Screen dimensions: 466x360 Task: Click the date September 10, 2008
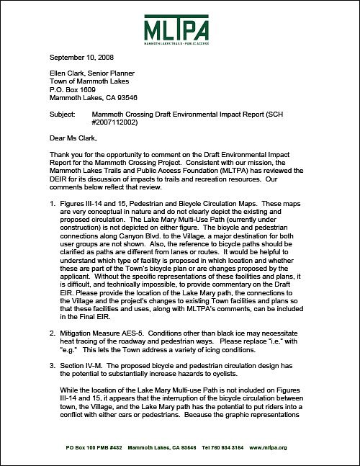click(82, 57)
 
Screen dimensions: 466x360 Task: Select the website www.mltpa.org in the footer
click(271, 447)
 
